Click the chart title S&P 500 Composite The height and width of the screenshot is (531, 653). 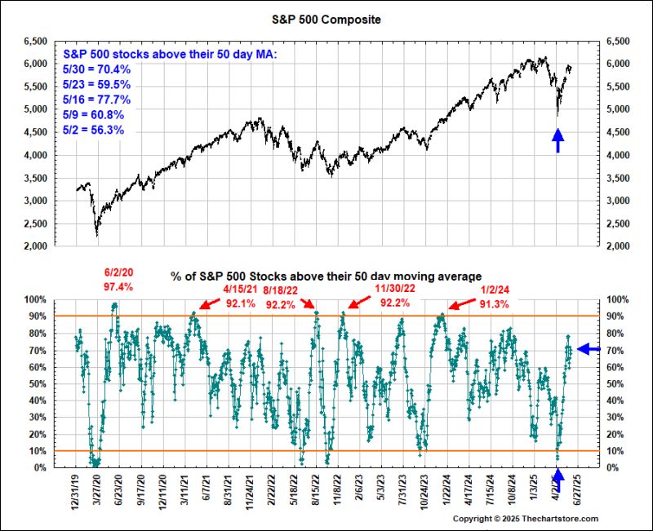click(326, 17)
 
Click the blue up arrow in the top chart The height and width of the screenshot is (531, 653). click(557, 140)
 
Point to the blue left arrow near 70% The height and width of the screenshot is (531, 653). click(589, 349)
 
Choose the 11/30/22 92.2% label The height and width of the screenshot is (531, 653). click(394, 296)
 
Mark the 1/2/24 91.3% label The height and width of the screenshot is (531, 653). click(495, 296)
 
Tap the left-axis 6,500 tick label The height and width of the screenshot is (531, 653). click(37, 40)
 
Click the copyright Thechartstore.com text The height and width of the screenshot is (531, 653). click(526, 519)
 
